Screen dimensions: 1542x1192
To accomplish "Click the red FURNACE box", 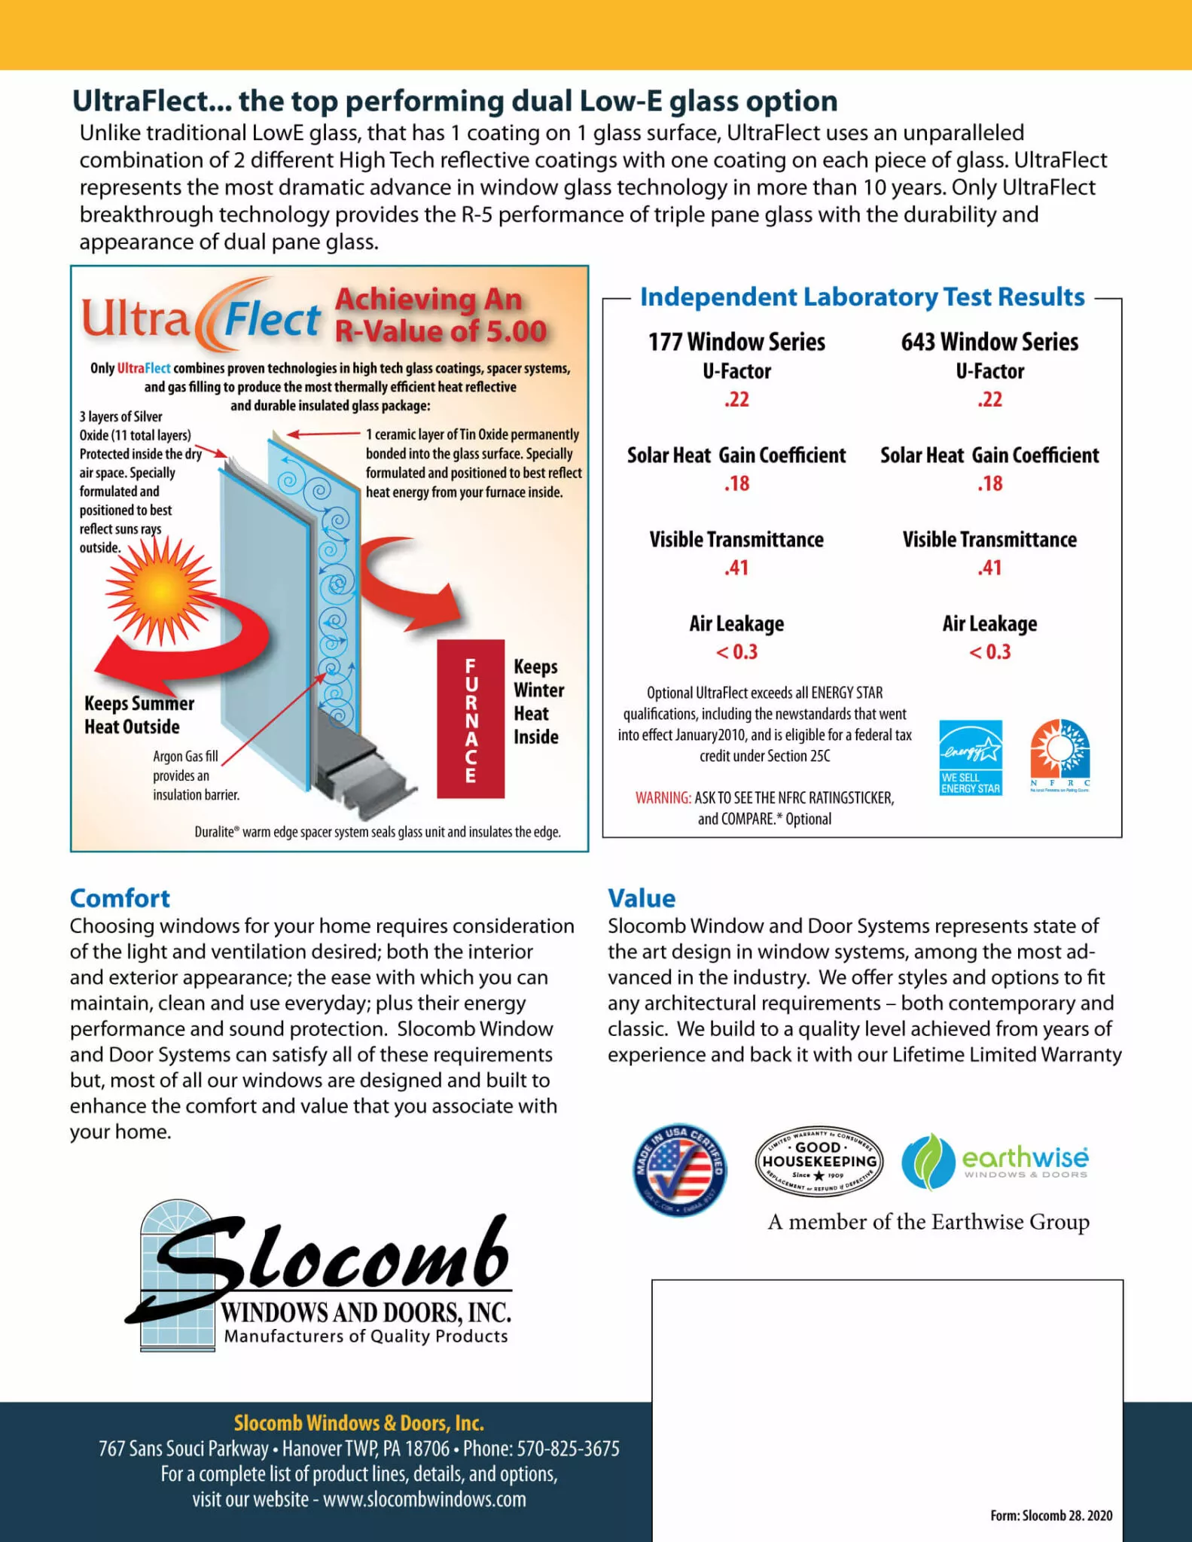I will click(471, 718).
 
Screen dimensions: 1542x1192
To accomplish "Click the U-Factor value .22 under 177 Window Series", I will click(736, 399).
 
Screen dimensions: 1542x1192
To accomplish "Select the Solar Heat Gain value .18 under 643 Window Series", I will click(989, 483).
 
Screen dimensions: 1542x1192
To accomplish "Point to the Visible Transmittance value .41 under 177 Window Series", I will click(736, 568).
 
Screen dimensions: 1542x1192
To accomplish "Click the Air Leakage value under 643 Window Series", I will click(989, 652).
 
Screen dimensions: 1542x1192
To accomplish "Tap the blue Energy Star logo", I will click(971, 757).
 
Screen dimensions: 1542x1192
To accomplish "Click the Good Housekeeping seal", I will click(819, 1162).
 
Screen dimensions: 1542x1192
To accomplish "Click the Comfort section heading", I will click(120, 898).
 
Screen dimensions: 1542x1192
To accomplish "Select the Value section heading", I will click(642, 898).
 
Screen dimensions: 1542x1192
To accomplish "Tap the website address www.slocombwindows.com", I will click(425, 1498).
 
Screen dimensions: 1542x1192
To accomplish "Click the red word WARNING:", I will click(663, 798).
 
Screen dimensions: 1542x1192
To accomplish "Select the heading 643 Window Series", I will click(989, 342).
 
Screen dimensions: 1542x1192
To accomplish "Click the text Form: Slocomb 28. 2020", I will click(1051, 1516).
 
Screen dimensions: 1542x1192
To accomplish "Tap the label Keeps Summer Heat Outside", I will click(139, 715).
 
